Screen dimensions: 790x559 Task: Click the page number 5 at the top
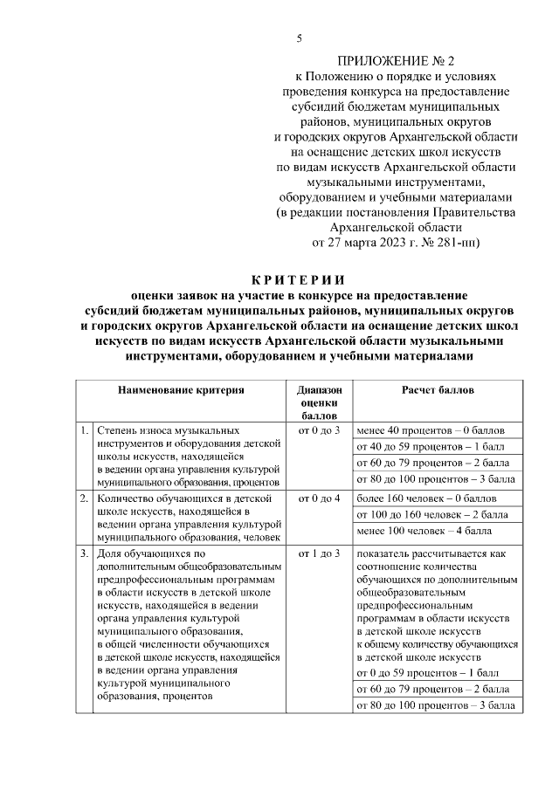(x=299, y=38)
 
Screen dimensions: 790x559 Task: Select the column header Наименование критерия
(x=181, y=390)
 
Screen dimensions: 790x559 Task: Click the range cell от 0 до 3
(x=318, y=432)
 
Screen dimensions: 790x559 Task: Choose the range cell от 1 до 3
(x=318, y=553)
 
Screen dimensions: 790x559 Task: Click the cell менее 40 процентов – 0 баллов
(x=427, y=432)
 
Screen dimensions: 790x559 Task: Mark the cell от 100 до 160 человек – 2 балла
(x=427, y=514)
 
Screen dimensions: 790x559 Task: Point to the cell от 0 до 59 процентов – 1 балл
(x=426, y=673)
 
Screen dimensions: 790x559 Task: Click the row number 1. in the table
(x=84, y=432)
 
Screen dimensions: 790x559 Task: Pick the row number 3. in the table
(x=84, y=553)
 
